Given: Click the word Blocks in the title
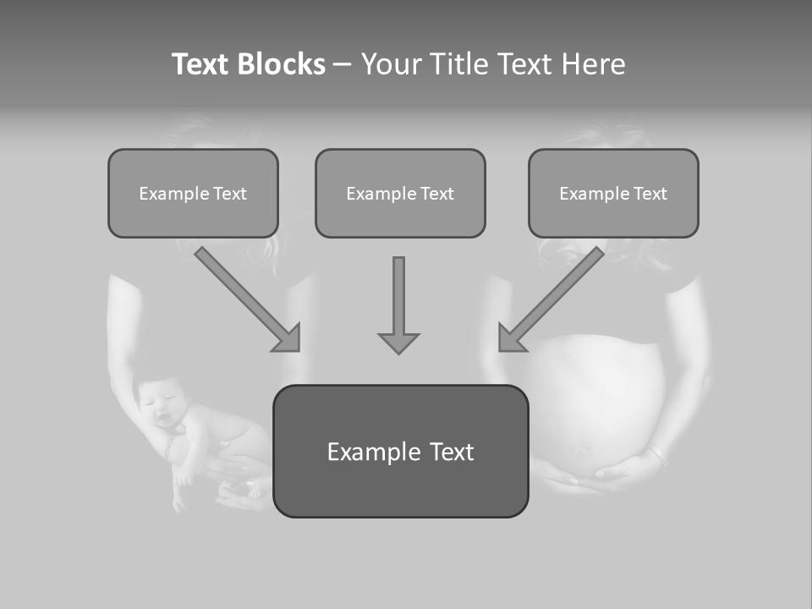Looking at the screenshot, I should coord(282,64).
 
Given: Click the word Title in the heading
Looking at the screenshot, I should coord(457,64).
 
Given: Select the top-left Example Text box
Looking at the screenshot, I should coord(193,194).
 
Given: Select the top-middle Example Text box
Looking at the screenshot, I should coord(400,194).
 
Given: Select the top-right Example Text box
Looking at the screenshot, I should coord(613,194).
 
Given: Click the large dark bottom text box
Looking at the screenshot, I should coord(400,452).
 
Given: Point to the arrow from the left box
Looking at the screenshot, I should coord(245,296).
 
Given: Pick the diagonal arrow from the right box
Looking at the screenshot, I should coord(554,296).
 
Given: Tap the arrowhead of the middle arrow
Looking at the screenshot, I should coord(398,342).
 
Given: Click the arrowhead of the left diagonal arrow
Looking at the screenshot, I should coord(288,338).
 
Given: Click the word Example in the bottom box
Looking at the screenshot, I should coord(365,452).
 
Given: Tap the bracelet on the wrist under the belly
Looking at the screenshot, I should coord(655,458).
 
